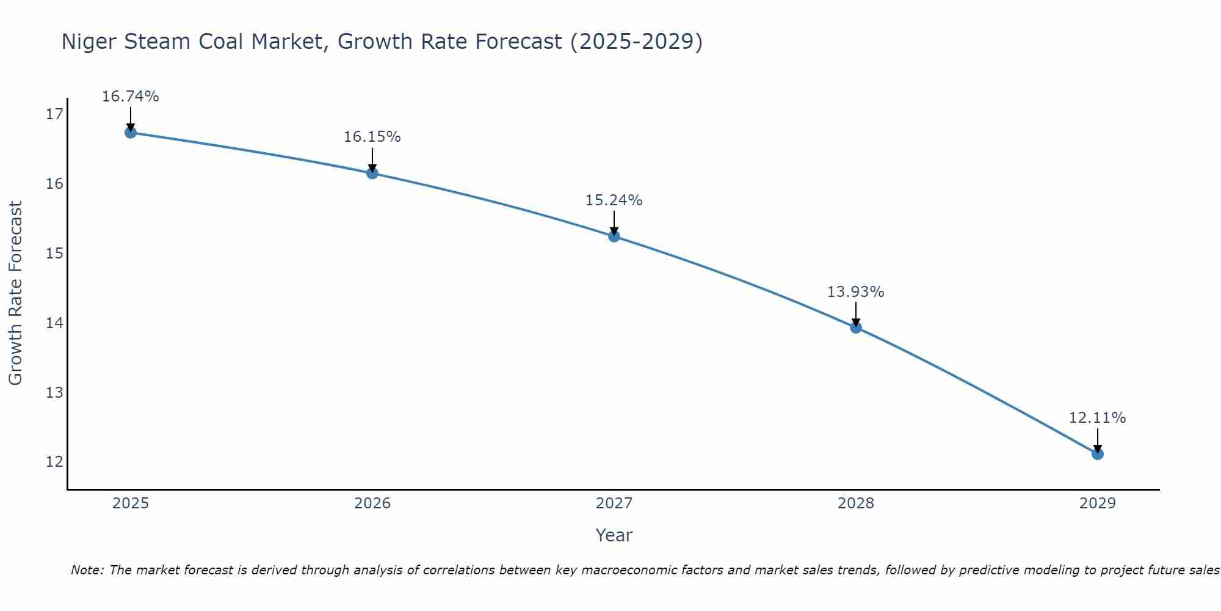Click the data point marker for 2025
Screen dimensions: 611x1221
pos(130,133)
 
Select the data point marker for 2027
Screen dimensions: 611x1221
pos(614,236)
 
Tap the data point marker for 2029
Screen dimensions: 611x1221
pos(1097,454)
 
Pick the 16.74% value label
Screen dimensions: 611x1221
pos(130,97)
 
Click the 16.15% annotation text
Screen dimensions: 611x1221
pos(372,137)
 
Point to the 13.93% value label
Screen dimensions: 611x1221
pos(855,292)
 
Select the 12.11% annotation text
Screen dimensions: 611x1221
pos(1097,418)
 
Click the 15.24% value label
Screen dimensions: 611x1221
pos(614,200)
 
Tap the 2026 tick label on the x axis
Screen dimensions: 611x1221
pos(372,503)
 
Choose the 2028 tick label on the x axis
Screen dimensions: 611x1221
pos(855,503)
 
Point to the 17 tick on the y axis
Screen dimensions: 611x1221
pos(55,114)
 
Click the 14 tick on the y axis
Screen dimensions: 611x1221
pos(55,323)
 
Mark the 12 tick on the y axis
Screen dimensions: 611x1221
pos(55,461)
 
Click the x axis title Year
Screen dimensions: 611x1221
pos(614,535)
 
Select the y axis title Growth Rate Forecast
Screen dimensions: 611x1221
pos(15,293)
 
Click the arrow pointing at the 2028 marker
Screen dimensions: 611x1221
pos(855,314)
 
